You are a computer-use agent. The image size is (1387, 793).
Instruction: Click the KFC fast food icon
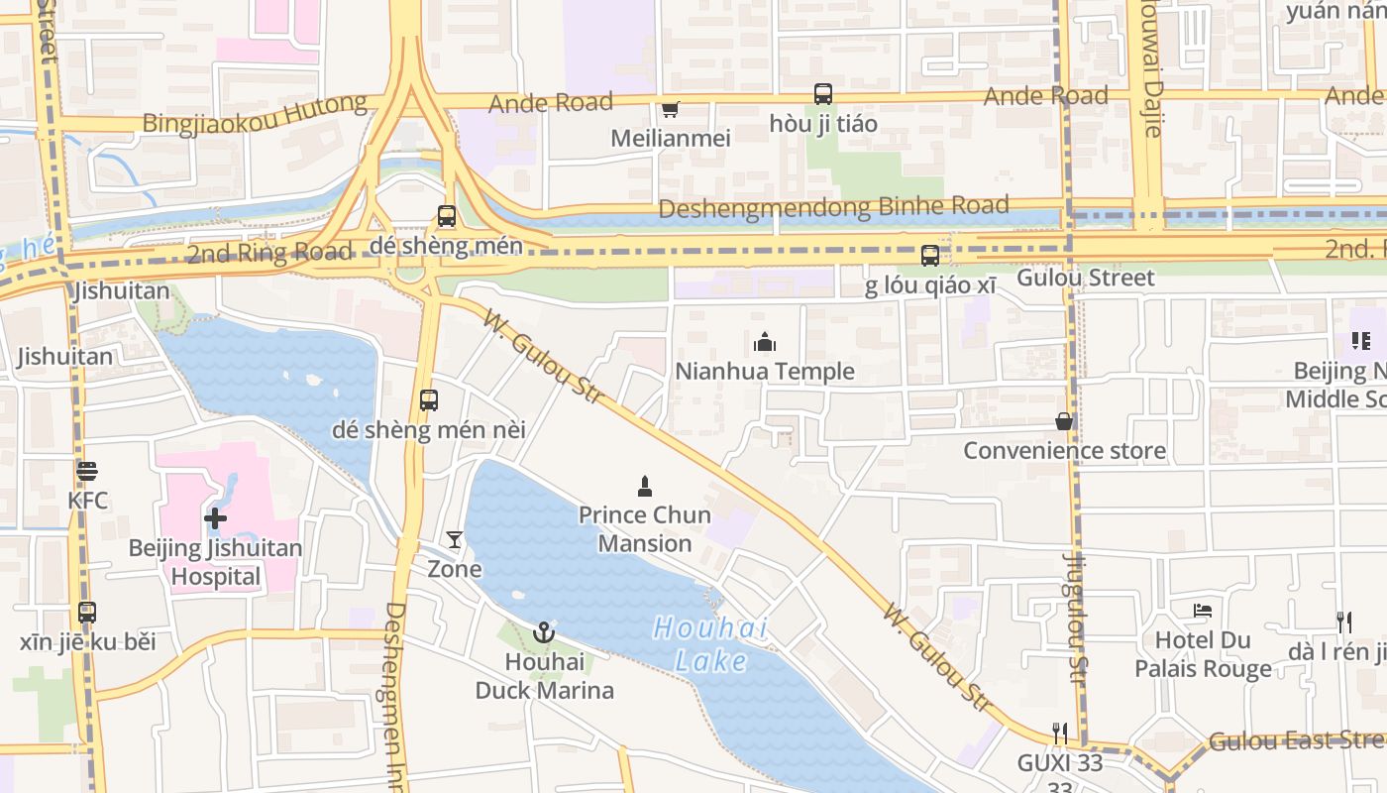87,470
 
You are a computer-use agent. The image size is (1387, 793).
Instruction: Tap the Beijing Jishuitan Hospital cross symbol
215,517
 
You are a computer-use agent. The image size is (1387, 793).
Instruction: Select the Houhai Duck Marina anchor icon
544,632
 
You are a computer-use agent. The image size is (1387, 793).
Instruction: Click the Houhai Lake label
711,644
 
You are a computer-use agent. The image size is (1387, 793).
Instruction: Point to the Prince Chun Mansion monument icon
645,486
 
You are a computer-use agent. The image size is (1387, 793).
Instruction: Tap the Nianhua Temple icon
765,343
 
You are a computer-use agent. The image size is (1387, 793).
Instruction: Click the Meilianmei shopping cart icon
670,109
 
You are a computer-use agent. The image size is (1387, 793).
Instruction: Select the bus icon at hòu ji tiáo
823,94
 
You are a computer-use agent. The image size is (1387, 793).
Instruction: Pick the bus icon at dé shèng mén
447,215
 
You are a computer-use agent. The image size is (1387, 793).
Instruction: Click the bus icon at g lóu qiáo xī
930,256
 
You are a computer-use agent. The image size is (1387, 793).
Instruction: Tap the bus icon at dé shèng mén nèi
429,400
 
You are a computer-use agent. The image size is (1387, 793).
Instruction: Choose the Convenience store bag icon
1064,421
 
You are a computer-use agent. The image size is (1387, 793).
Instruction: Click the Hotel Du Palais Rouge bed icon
1203,611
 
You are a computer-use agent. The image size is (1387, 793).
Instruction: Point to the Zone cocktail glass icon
454,539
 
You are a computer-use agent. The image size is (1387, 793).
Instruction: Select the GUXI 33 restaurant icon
1060,734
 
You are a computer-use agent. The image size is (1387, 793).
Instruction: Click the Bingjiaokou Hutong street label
255,112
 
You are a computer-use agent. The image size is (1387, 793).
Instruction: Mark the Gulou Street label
1086,278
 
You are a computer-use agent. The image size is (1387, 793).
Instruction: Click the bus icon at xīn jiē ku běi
87,613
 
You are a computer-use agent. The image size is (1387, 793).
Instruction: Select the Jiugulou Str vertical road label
1075,615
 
